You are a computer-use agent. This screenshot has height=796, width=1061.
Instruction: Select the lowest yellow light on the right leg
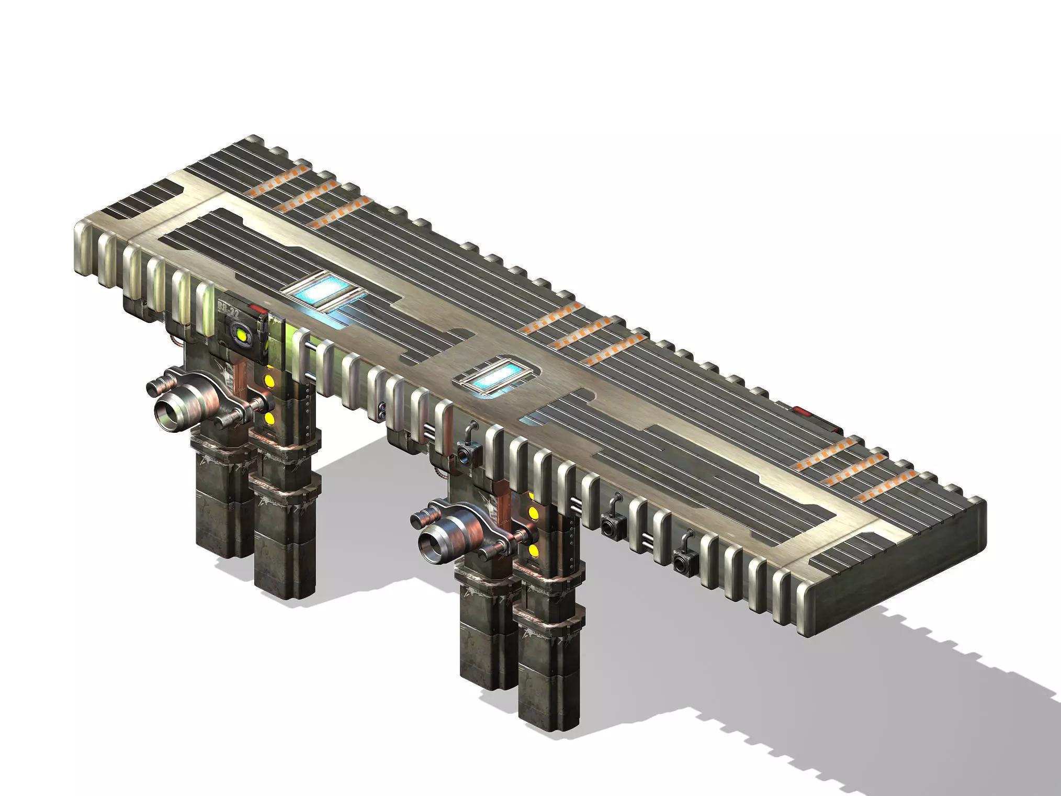click(x=534, y=550)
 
